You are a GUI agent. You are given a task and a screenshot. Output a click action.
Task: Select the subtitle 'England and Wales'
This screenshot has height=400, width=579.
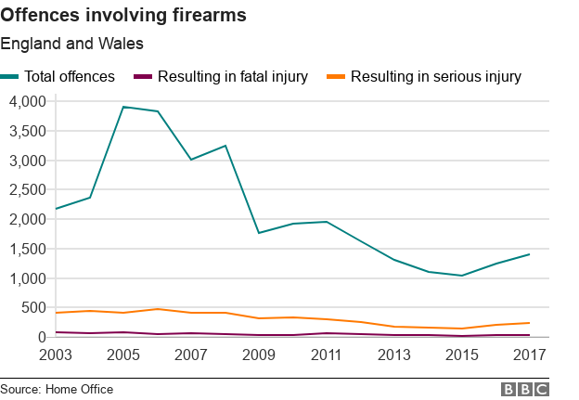(x=71, y=44)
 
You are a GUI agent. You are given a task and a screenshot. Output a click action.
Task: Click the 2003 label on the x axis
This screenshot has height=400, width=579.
(x=56, y=355)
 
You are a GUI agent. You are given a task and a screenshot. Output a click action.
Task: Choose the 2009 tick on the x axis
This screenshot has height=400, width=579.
(x=259, y=355)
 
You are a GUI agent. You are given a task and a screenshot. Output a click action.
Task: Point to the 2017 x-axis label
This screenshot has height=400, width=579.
(x=529, y=355)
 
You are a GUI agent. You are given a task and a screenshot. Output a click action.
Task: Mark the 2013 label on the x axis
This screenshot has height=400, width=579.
(x=394, y=355)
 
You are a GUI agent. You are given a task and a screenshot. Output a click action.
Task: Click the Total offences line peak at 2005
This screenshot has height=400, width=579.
(x=123, y=107)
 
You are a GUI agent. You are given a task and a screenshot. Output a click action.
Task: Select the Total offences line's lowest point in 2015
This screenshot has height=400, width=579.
(x=461, y=276)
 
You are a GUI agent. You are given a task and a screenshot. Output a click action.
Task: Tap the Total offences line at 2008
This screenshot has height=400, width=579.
(x=225, y=146)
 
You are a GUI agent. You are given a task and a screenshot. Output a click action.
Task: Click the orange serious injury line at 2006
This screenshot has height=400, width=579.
(x=158, y=309)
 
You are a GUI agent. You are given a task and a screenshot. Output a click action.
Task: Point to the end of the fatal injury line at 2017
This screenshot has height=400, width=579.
(x=529, y=335)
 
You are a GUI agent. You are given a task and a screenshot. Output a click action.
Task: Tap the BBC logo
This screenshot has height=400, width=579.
(x=524, y=389)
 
